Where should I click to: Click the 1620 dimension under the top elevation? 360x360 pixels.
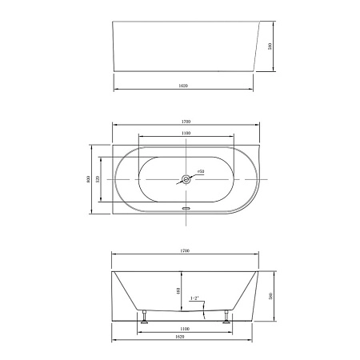[x=183, y=83]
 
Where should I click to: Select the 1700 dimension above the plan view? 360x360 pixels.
[x=185, y=122]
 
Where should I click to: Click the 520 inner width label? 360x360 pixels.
[x=98, y=179]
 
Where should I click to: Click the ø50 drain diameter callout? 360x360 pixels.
[x=201, y=171]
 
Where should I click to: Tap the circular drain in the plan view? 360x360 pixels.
[x=185, y=179]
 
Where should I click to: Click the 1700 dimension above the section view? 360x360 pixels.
[x=185, y=251]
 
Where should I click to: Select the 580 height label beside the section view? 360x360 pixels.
[x=273, y=295]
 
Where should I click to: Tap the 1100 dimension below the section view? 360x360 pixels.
[x=185, y=329]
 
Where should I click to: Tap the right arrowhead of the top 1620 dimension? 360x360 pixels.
[x=252, y=86]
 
